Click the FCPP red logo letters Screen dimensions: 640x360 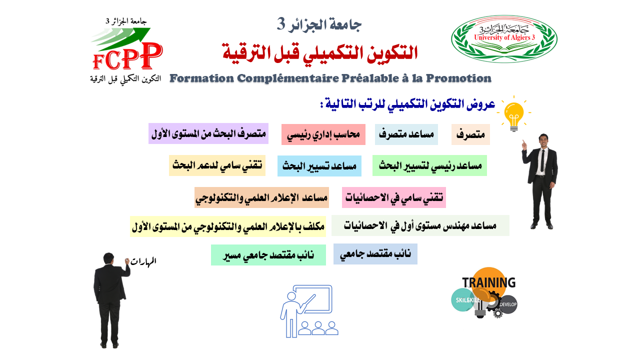coord(127,56)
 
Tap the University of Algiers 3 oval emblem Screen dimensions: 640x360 coord(504,39)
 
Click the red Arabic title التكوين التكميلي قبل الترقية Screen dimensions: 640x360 coord(320,52)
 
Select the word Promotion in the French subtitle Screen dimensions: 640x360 coord(459,78)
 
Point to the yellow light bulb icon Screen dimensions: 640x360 coord(514,114)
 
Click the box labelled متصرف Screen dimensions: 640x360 coord(470,134)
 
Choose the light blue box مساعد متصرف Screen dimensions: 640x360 coord(406,134)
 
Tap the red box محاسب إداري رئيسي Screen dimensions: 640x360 coord(323,134)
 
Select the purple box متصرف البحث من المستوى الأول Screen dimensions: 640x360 coord(208,133)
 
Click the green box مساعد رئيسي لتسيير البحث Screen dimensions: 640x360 coord(429,165)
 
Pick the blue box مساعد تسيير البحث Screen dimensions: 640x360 coord(319,166)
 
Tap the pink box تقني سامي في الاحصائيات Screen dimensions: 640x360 coord(394,197)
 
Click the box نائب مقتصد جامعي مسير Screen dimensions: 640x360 coord(268,255)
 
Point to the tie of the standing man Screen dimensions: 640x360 coord(542,160)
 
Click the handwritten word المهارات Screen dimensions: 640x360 coord(143,261)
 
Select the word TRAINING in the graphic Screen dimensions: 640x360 coord(489,282)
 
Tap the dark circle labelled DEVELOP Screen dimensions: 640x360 coord(508,304)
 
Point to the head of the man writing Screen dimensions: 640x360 coord(108,258)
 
